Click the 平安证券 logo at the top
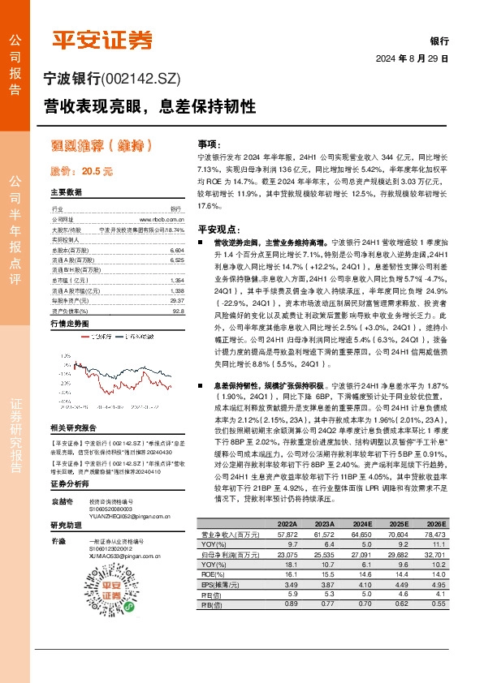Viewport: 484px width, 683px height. click(x=102, y=41)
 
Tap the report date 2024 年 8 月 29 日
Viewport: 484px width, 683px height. click(x=413, y=59)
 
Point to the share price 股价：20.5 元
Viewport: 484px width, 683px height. click(x=81, y=171)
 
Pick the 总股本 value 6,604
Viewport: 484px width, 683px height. click(x=178, y=251)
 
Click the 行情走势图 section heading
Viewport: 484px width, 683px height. click(x=75, y=323)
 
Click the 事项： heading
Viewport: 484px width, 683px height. click(x=209, y=142)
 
